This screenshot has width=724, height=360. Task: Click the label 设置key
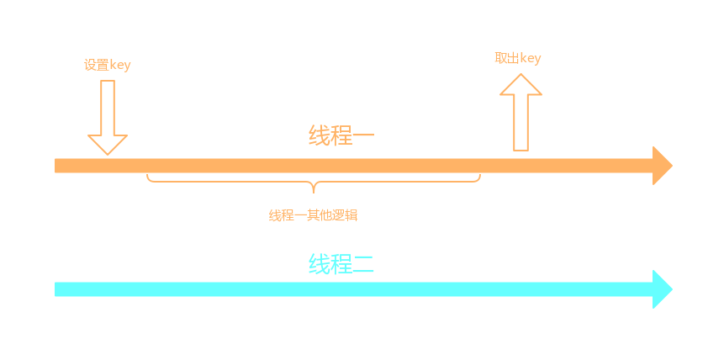[107, 65]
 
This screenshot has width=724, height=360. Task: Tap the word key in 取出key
[530, 58]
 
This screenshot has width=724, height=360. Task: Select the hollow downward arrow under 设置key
[107, 117]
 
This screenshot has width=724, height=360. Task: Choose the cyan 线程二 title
[341, 264]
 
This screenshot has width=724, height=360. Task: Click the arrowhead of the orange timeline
[662, 166]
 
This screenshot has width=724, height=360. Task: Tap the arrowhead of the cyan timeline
[662, 289]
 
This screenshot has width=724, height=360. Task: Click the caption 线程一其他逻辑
[313, 215]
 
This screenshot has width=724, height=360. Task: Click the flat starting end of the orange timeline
[57, 166]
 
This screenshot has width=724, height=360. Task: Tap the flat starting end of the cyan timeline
[57, 289]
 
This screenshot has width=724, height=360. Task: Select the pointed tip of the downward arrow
[107, 152]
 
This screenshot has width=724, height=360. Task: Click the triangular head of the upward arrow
[521, 85]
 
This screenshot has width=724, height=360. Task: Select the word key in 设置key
[119, 65]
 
